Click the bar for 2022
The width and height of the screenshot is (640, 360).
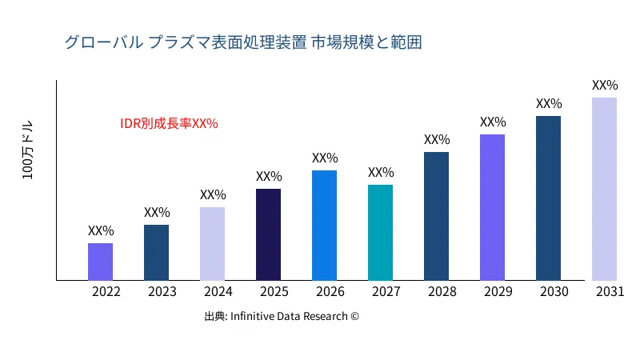[x=100, y=262]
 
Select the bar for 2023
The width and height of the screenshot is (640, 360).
[x=156, y=252]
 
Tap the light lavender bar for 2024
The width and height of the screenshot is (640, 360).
[x=212, y=243]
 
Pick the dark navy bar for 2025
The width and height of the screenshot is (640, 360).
[x=268, y=234]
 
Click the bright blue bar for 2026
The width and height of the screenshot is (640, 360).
[x=324, y=225]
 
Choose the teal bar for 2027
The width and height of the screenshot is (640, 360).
[x=380, y=232]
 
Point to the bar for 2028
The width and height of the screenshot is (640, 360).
[x=436, y=216]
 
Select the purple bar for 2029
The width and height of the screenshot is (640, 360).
[x=492, y=207]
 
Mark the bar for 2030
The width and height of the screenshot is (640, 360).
[x=548, y=198]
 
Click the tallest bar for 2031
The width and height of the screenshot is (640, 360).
[x=604, y=189]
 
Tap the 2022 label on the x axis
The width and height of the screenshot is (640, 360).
[x=106, y=292]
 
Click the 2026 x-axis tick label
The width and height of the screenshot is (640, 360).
[x=330, y=292]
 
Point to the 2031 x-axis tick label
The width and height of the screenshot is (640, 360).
[x=610, y=292]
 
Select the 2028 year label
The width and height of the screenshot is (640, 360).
[x=442, y=292]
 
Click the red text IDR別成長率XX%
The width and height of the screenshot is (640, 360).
[x=169, y=124]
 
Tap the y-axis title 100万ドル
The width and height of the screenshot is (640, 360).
[x=28, y=151]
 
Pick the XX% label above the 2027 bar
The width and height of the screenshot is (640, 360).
[x=381, y=173]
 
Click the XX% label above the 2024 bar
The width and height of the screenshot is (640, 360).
[x=213, y=195]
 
